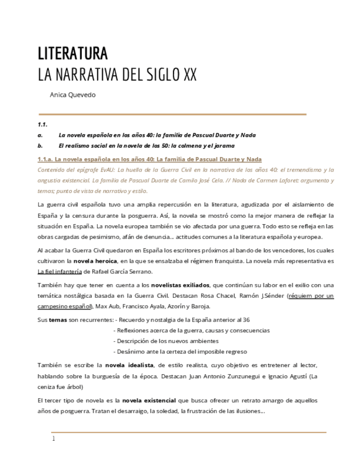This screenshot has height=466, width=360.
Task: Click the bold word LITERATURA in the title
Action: coord(73,54)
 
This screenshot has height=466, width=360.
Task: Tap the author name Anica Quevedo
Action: coord(73,95)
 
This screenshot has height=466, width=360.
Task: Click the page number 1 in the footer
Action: coord(53,439)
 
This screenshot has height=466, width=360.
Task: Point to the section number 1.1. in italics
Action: coord(42,124)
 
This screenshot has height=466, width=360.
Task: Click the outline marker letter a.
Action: coord(40,135)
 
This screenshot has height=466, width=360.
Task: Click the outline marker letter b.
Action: coord(40,146)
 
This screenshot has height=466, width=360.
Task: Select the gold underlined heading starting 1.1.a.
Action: coord(149,159)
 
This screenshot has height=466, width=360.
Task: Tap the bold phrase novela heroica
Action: coord(95,260)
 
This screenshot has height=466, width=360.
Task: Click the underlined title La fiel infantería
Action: coord(59,271)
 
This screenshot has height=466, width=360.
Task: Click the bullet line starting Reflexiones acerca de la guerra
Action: coord(191,330)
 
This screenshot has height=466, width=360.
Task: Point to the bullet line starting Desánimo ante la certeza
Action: coord(180,351)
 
